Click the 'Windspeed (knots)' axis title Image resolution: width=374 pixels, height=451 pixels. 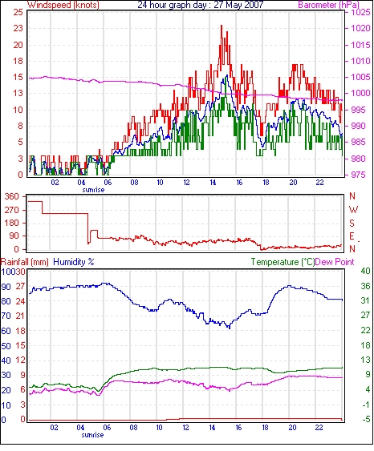tap(63, 5)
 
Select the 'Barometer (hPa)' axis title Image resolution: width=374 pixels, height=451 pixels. tap(329, 5)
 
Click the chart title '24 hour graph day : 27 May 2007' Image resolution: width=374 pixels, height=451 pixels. tap(201, 5)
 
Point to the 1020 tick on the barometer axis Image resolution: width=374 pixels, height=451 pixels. tap(360, 28)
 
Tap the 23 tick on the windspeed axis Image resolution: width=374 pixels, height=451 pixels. tap(18, 28)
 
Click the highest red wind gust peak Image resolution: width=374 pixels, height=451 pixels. tap(222, 26)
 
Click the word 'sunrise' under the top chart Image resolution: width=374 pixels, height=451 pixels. tap(93, 190)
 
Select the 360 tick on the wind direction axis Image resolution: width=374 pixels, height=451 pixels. tap(12, 197)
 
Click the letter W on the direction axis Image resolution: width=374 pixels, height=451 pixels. tap(353, 210)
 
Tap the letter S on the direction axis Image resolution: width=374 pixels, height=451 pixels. tap(352, 223)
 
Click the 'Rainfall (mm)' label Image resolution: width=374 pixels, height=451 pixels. tap(25, 262)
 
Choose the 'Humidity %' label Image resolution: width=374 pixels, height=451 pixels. tap(74, 262)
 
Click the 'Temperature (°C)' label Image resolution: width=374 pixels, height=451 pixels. tap(283, 262)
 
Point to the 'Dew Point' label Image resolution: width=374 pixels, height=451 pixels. tap(335, 262)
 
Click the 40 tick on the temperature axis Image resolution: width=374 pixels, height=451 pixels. tap(365, 271)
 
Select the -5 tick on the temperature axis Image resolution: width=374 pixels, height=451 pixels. tap(365, 419)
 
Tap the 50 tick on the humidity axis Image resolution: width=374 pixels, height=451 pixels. tap(6, 345)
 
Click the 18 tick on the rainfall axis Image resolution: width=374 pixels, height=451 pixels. tap(20, 331)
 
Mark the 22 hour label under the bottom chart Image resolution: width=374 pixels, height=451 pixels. tap(319, 428)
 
